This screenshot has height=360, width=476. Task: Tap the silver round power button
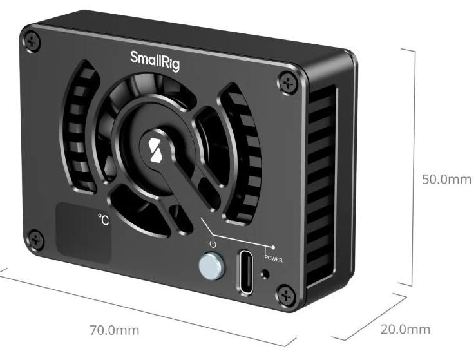209,264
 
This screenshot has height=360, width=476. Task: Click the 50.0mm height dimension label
446,179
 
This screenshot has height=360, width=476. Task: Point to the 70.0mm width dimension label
114,330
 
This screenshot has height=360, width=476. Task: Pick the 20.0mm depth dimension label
405,330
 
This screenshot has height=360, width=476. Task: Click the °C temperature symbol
104,220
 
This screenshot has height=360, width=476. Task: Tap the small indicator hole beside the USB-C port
265,275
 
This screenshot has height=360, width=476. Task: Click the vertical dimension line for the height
413,167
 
